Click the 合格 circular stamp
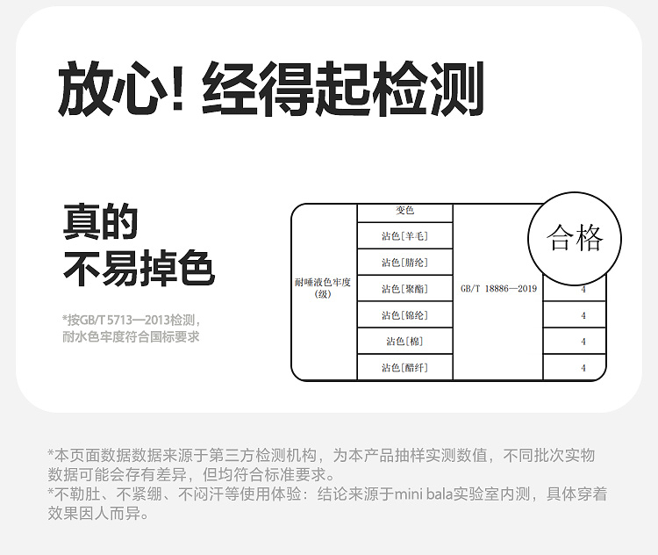(x=575, y=239)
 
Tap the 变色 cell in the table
(x=404, y=211)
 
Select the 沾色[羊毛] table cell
(x=404, y=235)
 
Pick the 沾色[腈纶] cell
(x=404, y=262)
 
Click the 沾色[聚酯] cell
(x=404, y=288)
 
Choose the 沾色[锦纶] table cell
(x=404, y=314)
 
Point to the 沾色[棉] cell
(x=404, y=341)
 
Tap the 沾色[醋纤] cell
(x=404, y=367)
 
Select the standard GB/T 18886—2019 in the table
(x=497, y=288)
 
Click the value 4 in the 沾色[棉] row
(x=583, y=342)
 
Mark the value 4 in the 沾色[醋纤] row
(x=583, y=368)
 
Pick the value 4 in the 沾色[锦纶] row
(x=583, y=315)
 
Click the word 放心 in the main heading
(x=111, y=88)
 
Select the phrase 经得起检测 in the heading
(x=343, y=88)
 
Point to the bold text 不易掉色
(x=139, y=269)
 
